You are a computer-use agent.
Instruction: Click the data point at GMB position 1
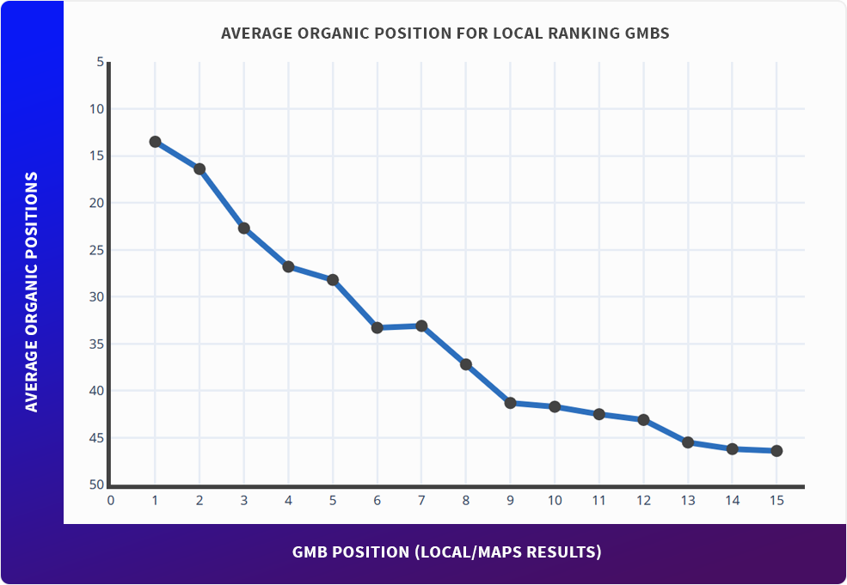(x=155, y=142)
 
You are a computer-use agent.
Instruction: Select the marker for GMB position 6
(x=377, y=327)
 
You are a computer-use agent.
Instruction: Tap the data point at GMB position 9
(x=510, y=403)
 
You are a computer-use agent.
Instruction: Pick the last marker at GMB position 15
(x=776, y=451)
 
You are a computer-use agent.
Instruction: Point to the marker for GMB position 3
(x=243, y=229)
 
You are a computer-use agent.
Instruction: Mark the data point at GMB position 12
(x=643, y=419)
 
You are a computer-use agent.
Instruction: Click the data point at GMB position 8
(x=466, y=364)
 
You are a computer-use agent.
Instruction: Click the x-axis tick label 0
(x=110, y=500)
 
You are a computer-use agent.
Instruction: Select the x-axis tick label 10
(x=555, y=500)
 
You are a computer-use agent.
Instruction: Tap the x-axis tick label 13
(x=688, y=500)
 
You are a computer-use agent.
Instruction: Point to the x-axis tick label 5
(x=332, y=500)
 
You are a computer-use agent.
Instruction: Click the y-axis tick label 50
(x=96, y=485)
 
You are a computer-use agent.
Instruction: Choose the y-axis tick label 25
(x=96, y=250)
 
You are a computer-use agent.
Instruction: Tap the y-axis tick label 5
(x=100, y=63)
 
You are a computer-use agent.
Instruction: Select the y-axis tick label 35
(x=96, y=344)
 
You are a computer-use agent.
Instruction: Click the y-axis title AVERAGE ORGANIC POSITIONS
(x=32, y=292)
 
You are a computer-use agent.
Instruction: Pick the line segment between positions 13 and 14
(x=710, y=446)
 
